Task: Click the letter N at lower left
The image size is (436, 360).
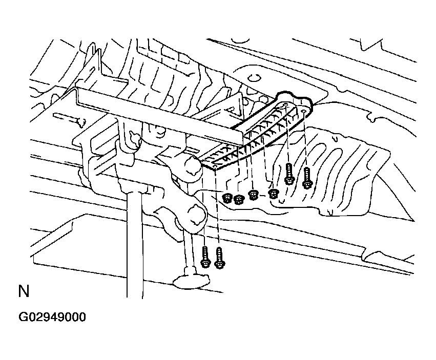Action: coord(24,292)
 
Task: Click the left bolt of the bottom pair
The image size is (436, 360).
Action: coord(205,256)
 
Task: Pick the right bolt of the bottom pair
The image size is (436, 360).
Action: coord(220,258)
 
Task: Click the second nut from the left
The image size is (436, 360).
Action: coord(238,199)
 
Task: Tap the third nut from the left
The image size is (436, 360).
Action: coord(253,195)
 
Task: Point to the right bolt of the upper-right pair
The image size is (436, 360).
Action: coord(307,177)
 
